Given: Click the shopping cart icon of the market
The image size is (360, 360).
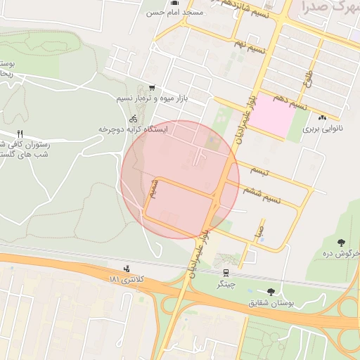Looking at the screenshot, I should tap(153, 88).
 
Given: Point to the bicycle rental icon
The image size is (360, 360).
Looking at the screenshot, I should tap(134, 118).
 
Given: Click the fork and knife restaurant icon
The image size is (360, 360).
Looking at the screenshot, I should tap(20, 134).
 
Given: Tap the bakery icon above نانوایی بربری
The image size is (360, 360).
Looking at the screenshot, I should tap(323, 118).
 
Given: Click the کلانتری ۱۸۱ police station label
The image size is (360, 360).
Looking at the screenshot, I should tap(127, 279).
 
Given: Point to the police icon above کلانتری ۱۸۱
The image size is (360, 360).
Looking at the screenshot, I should tap(127, 268).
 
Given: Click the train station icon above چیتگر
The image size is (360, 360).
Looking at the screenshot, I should tap(226, 273).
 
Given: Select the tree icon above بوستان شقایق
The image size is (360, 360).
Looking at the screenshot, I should tap(271, 291).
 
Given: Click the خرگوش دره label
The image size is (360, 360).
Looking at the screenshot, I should tap(345, 252).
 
